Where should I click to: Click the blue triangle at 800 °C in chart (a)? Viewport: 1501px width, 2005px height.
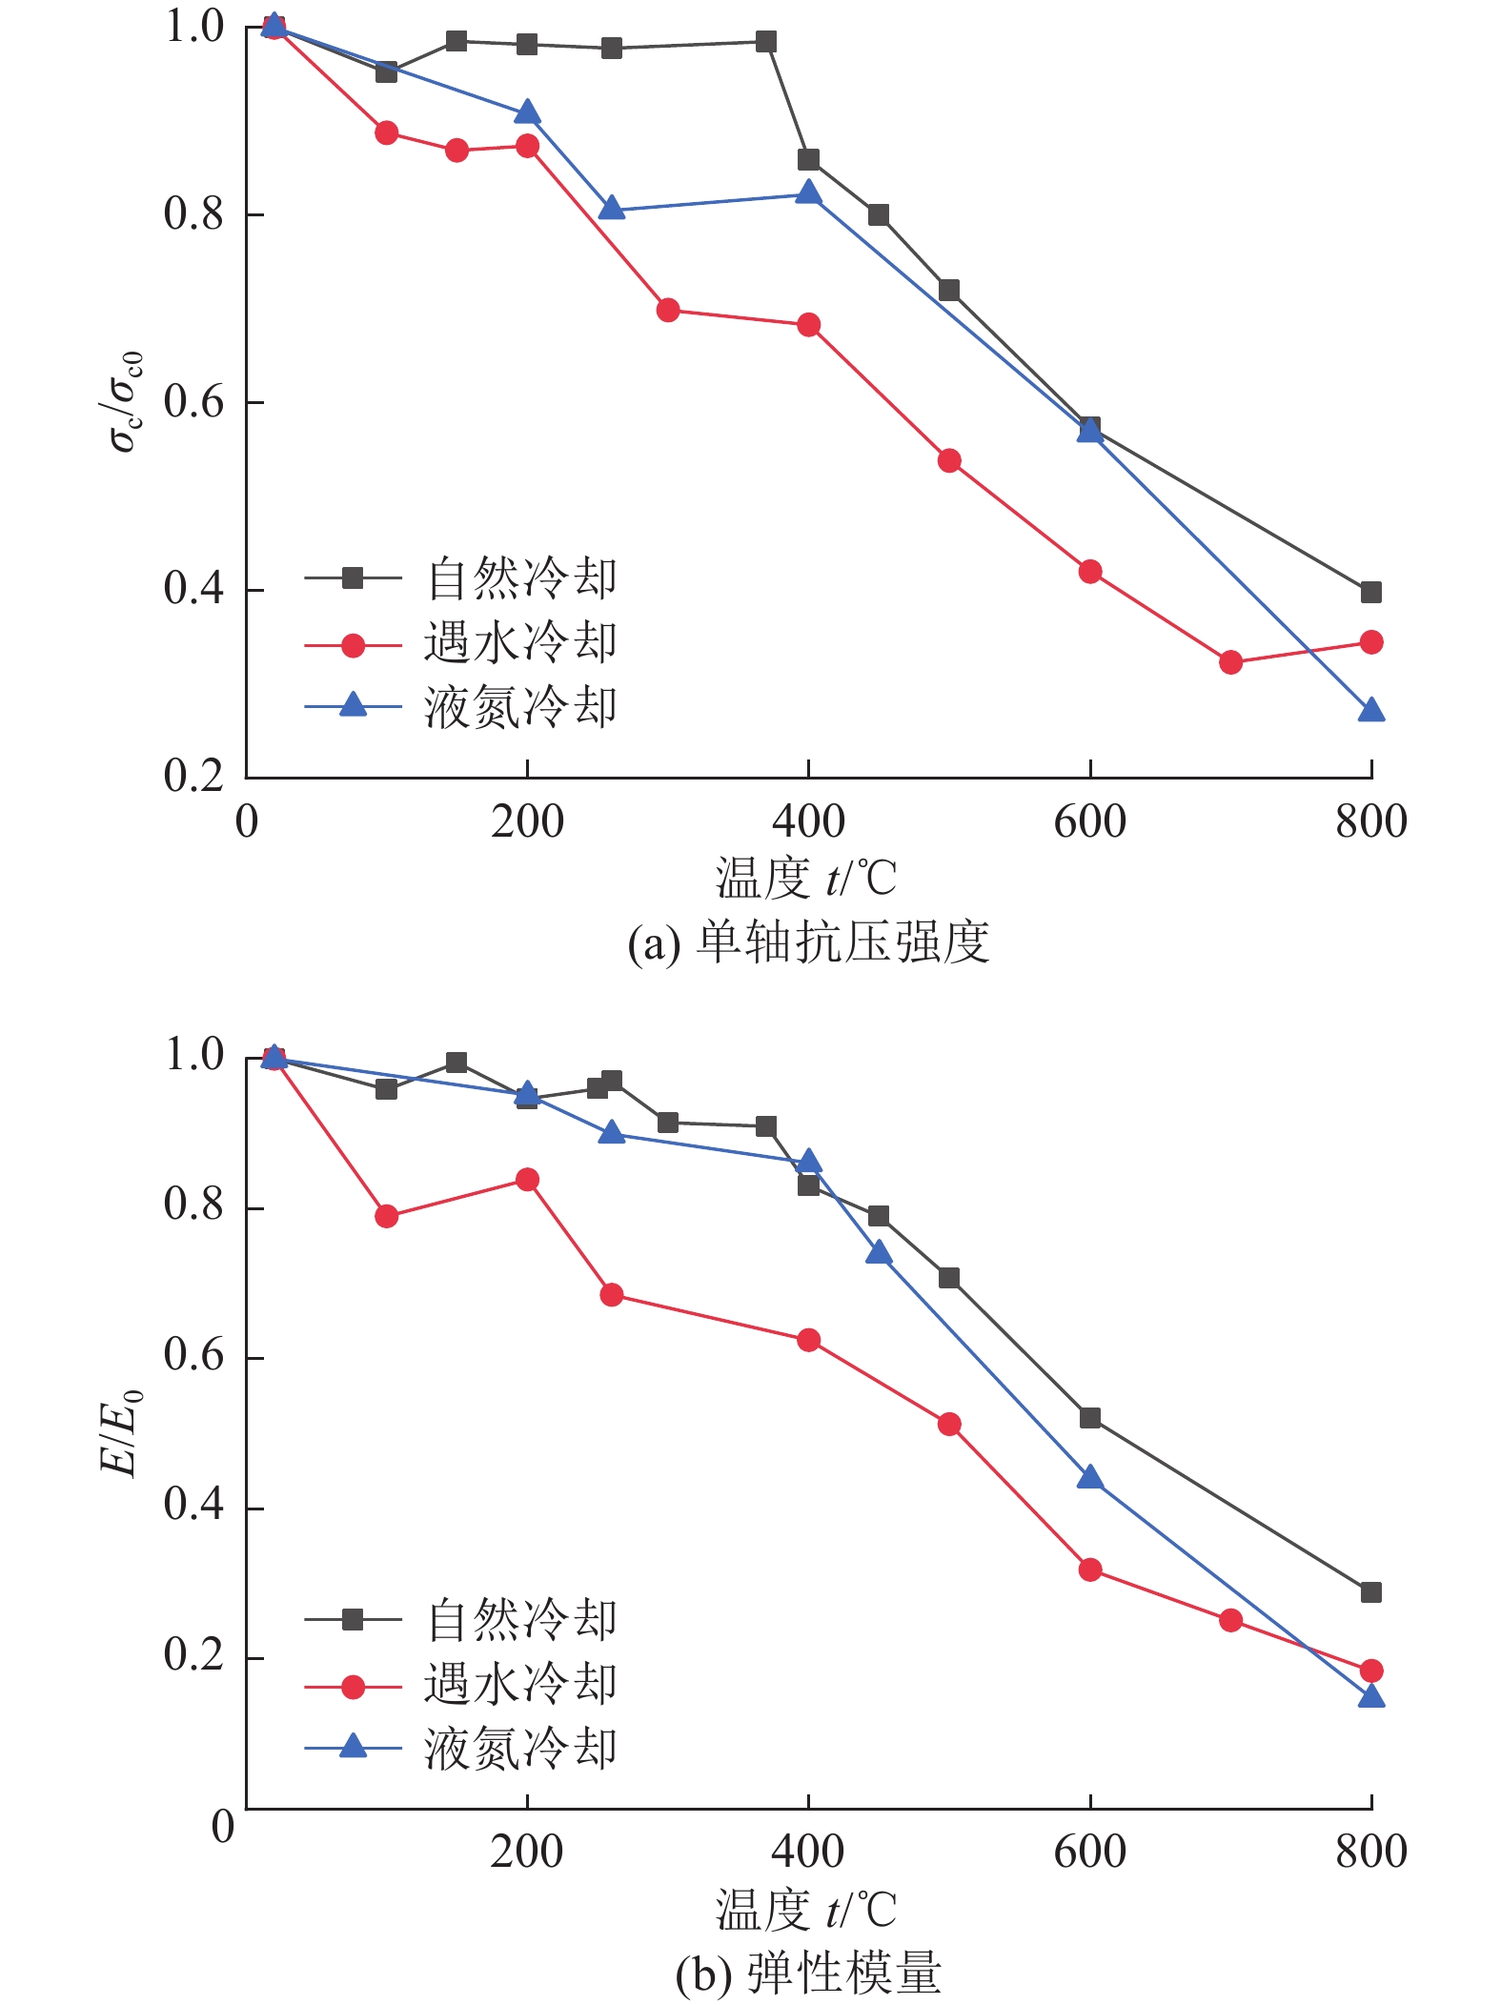[1370, 711]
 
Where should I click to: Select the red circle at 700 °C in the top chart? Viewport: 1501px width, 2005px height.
[1230, 661]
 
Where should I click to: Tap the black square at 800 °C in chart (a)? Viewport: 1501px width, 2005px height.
[1370, 592]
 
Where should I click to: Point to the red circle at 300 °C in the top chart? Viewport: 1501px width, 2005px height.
[668, 310]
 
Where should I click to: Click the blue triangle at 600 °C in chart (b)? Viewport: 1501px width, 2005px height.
[1090, 1478]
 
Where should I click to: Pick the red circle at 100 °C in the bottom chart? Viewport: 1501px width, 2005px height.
[386, 1216]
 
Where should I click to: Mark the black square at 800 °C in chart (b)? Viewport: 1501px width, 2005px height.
[1370, 1592]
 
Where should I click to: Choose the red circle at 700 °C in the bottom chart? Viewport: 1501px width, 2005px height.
[1230, 1620]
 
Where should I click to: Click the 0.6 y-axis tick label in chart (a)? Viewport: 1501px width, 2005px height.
[193, 402]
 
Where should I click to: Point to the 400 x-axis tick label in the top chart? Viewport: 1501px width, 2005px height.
[808, 821]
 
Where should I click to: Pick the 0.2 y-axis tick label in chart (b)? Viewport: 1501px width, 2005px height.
[193, 1656]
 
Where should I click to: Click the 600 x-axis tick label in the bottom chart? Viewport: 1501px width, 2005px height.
[1089, 1852]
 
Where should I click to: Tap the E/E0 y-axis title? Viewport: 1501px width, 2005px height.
[122, 1433]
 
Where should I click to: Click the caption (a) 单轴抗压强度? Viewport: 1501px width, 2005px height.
[808, 942]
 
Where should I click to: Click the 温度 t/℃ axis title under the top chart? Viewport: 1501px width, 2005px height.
[806, 879]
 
